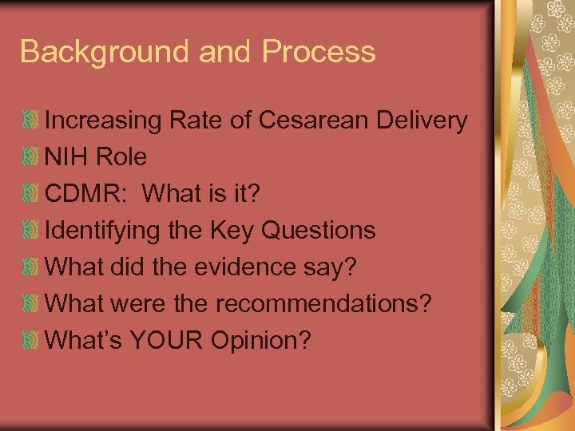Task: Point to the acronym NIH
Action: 67,157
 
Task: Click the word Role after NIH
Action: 121,157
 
